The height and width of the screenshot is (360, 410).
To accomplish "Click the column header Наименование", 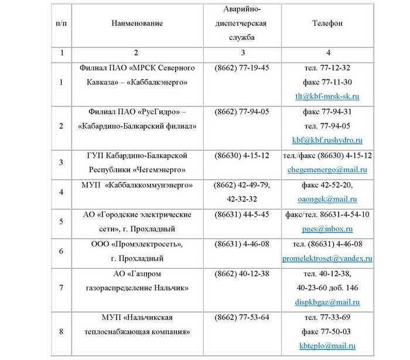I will (136, 23).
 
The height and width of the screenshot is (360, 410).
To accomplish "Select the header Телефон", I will (327, 23).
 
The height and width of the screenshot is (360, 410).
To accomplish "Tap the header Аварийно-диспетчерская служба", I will (242, 23).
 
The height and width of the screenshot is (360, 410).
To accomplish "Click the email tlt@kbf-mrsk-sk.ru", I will (327, 96).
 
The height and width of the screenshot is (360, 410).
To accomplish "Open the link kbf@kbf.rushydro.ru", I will (327, 140).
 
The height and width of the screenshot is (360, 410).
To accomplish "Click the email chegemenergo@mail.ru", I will (327, 170).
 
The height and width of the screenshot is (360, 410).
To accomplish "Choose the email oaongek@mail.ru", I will (327, 200).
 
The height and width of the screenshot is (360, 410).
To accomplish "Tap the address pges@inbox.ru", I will (327, 229).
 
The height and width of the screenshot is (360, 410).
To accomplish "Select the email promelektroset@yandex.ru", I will (327, 258).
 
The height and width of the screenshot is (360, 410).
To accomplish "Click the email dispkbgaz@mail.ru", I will (327, 303).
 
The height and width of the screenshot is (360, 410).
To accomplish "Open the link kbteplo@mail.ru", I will (327, 347).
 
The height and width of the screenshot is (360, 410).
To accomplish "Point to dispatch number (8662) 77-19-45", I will (242, 68).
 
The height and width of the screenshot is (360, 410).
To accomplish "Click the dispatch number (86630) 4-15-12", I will (242, 156).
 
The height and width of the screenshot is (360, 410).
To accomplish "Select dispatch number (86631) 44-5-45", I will (242, 214).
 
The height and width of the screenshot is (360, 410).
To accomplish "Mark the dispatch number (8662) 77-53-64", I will (242, 317).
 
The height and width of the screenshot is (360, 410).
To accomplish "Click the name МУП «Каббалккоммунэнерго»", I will (136, 185).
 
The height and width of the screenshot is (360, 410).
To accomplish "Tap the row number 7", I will (61, 287).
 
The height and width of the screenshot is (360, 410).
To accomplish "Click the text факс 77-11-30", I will (327, 82).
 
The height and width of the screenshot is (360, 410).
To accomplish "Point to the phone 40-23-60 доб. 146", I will (327, 288).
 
